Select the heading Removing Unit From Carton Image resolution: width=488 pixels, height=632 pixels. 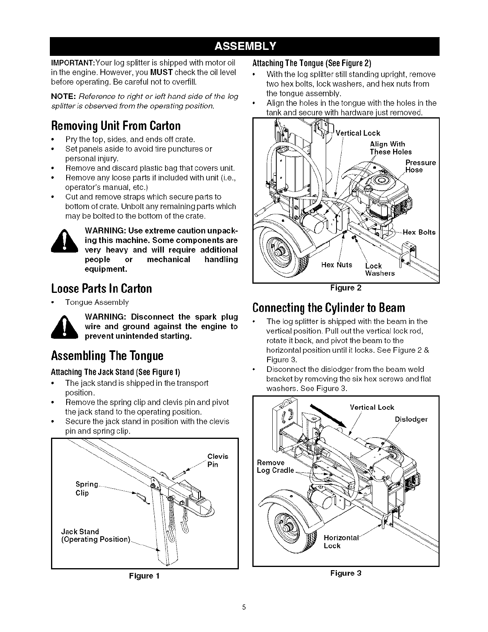pyautogui.click(x=116, y=126)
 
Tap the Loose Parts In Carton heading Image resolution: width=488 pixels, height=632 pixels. pyautogui.click(x=102, y=288)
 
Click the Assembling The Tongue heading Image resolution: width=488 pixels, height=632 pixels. pyautogui.click(x=107, y=355)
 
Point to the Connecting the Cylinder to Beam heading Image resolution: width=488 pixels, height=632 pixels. pyautogui.click(x=329, y=308)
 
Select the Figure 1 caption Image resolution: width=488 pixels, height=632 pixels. pyautogui.click(x=144, y=576)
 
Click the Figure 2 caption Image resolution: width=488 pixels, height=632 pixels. pyautogui.click(x=346, y=288)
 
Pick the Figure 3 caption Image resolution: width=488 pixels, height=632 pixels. pyautogui.click(x=346, y=573)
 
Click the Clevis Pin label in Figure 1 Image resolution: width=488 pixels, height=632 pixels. pyautogui.click(x=218, y=460)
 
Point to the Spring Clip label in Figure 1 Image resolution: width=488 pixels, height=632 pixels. pyautogui.click(x=87, y=488)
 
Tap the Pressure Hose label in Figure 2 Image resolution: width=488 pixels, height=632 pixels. pyautogui.click(x=420, y=166)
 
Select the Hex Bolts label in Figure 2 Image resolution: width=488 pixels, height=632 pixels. pyautogui.click(x=419, y=232)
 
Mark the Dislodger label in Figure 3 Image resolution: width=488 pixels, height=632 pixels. pyautogui.click(x=411, y=419)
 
